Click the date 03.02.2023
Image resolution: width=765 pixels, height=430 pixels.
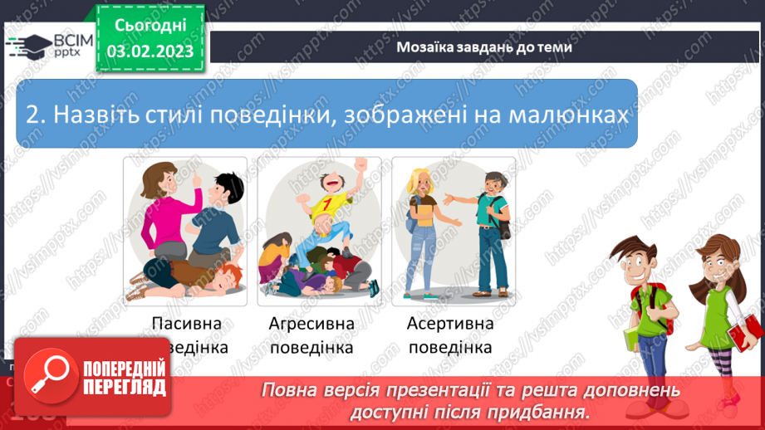click(150, 51)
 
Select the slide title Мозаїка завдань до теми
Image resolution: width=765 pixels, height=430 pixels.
click(484, 46)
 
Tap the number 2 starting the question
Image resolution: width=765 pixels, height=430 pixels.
click(32, 115)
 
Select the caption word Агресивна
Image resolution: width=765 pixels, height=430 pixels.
click(311, 324)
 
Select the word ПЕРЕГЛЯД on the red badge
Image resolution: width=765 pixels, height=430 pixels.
click(124, 388)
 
